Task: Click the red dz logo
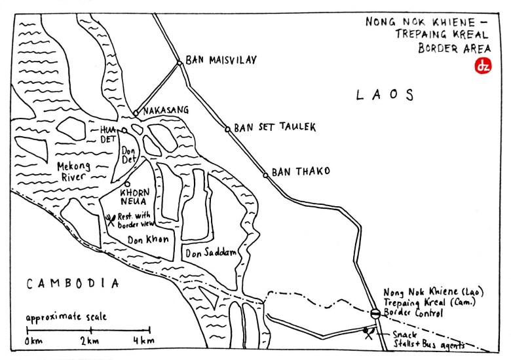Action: click(482, 66)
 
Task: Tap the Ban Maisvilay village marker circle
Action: click(179, 63)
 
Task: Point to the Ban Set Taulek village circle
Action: click(227, 129)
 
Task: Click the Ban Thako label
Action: click(299, 171)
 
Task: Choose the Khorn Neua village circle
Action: click(128, 184)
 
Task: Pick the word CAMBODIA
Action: click(73, 283)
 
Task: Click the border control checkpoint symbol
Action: click(374, 314)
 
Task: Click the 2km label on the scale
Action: click(90, 342)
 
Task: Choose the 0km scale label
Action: click(35, 342)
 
